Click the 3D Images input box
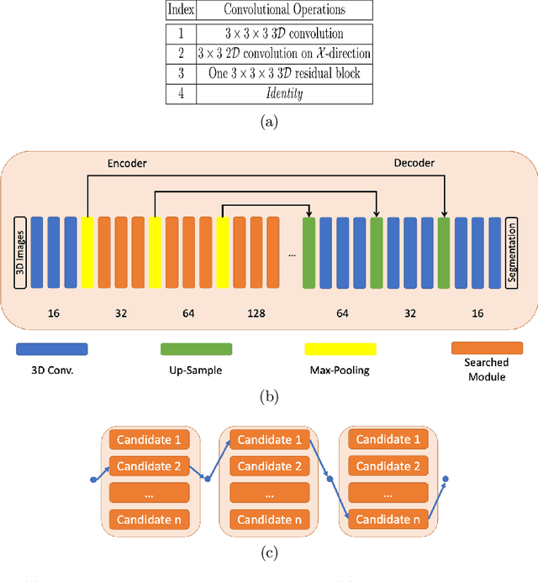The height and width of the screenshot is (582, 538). (20, 252)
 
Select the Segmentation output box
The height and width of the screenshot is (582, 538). (512, 252)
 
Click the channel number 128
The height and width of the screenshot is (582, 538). (256, 313)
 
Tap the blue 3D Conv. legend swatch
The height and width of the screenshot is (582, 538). (51, 349)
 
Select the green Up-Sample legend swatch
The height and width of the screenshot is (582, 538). (197, 349)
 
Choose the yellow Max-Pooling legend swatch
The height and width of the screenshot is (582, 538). (341, 349)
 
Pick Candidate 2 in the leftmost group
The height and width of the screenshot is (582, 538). (148, 465)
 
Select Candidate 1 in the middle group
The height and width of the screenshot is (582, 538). (268, 439)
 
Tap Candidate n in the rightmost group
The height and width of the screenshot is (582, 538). (388, 519)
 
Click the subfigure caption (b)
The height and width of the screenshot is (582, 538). (268, 396)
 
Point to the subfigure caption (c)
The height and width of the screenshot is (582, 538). (268, 553)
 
